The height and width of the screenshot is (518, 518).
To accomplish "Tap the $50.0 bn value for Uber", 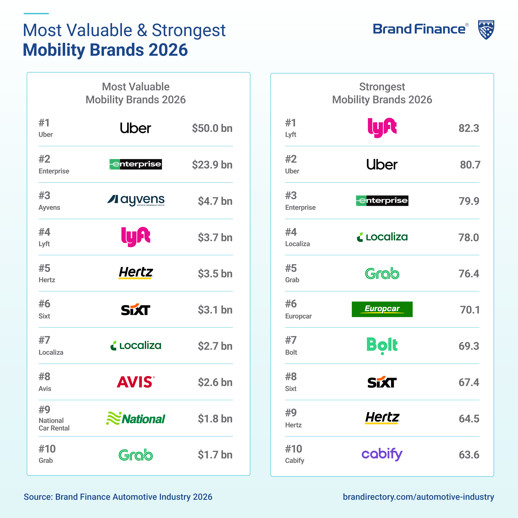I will [212, 128].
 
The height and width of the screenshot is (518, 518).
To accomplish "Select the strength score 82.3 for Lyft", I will [469, 128].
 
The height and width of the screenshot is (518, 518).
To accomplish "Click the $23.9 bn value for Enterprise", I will [212, 165].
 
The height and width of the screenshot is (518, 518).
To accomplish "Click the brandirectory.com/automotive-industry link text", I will [418, 497].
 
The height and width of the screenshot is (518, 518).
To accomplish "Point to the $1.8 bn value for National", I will [215, 419].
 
